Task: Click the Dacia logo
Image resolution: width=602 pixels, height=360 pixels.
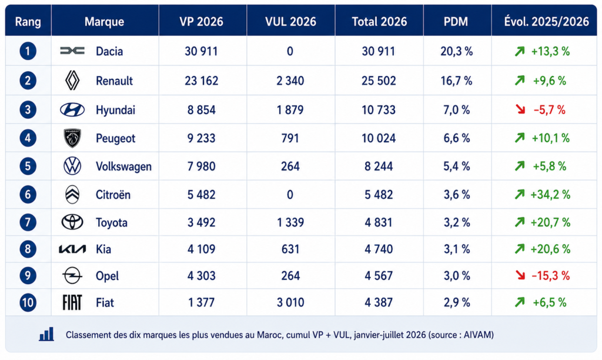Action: pos(72,51)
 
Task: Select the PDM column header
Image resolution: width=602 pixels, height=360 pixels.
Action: pos(456,22)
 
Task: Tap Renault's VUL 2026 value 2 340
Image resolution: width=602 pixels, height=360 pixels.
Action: pos(290,81)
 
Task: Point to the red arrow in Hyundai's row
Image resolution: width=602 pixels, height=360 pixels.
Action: pos(520,109)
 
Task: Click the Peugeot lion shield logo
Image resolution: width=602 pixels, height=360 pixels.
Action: pos(72,138)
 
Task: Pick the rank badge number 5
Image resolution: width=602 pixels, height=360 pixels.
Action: pos(28,166)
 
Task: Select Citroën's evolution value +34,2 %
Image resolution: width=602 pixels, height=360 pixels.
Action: pos(550,194)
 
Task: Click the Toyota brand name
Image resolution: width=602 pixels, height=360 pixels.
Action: pos(111,223)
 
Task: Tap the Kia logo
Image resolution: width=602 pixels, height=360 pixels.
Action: pos(72,249)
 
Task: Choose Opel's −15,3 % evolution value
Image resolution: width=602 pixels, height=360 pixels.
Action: pos(550,275)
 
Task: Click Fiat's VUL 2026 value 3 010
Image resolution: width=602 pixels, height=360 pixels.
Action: pos(290,302)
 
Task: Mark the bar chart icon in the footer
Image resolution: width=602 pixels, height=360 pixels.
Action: pos(46,335)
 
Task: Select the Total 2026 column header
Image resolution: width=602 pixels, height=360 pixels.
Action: pos(379,22)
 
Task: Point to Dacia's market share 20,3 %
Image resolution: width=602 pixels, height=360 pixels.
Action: pos(456,51)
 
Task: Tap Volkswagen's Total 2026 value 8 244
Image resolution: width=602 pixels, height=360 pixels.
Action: pos(379,166)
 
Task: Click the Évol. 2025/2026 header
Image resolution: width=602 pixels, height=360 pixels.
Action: pos(546,22)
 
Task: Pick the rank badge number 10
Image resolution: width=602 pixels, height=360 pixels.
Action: pos(28,302)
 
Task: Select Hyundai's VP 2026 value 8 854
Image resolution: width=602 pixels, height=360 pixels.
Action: pos(201,110)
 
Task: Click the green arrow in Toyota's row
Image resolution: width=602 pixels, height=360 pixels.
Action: pos(520,222)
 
